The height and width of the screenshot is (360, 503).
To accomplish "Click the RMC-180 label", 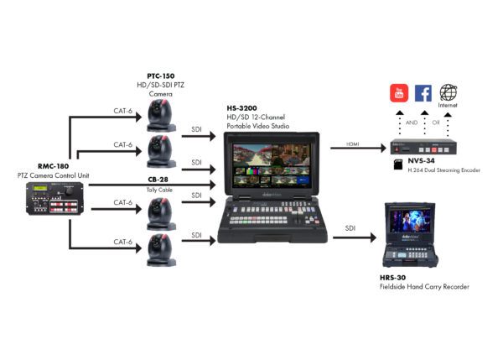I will click(49, 166).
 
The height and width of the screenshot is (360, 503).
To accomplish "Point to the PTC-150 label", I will click(160, 76).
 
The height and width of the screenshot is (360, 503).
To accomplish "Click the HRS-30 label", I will click(395, 279).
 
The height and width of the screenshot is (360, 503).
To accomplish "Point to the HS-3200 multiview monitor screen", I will click(267, 162).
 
